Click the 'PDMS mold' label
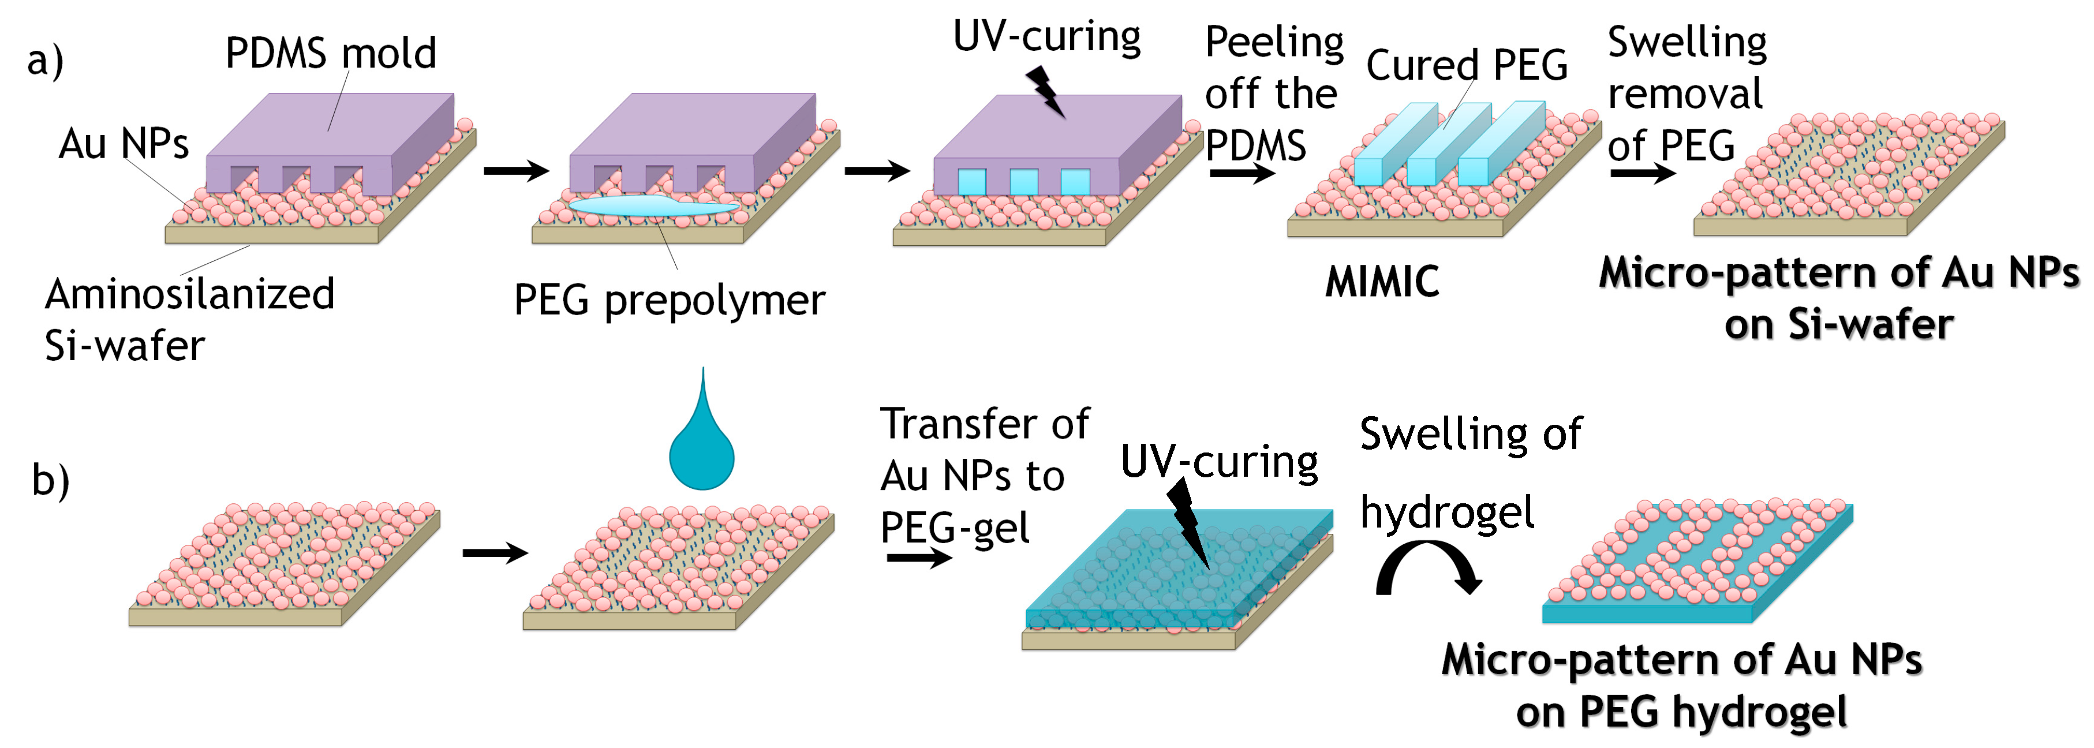331,54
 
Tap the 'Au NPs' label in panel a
124,144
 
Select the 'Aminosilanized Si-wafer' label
189,319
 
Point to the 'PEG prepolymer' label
669,301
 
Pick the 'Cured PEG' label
1467,65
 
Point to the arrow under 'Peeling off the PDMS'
1242,173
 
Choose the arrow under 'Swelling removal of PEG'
1643,173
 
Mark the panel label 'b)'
50,480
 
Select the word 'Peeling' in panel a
1274,42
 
